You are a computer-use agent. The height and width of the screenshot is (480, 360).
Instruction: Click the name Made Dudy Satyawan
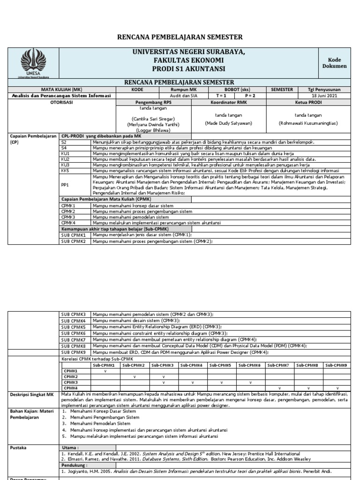coord(228,123)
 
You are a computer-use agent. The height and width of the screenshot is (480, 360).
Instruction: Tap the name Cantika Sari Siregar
coord(154,119)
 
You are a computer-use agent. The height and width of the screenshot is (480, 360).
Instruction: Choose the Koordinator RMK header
coord(228,102)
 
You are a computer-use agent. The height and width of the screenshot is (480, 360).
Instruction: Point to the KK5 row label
coord(66,171)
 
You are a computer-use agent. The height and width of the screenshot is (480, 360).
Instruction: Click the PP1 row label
coord(66,185)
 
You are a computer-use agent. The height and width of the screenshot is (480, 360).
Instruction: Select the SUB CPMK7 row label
coord(74,339)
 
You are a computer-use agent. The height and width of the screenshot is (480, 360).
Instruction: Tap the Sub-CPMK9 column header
coord(335,365)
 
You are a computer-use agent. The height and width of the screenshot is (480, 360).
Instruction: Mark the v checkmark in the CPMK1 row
coord(105,370)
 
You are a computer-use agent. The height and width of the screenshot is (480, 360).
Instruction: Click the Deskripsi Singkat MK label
coord(31,395)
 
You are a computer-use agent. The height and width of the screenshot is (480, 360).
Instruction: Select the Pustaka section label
coord(19,447)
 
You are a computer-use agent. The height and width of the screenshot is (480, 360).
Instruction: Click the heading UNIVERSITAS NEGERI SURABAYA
coord(189,52)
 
